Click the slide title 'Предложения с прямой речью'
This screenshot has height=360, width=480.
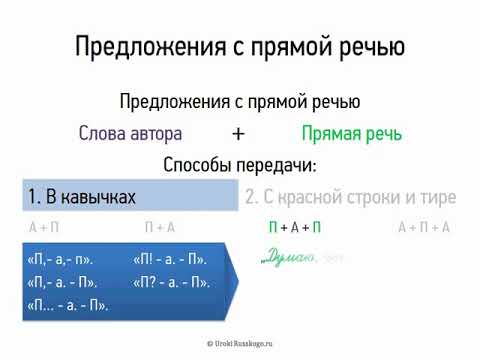click(240, 46)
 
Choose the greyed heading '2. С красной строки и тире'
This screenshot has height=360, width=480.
click(350, 196)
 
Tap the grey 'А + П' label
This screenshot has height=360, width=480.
click(46, 228)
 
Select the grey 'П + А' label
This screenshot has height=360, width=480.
click(159, 228)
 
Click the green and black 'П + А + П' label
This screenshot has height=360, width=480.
click(295, 228)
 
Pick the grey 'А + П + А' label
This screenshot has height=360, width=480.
click(423, 228)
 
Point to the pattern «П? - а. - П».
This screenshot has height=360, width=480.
click(171, 282)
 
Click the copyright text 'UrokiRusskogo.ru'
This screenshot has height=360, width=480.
click(240, 343)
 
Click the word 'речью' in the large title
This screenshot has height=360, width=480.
click(368, 46)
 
